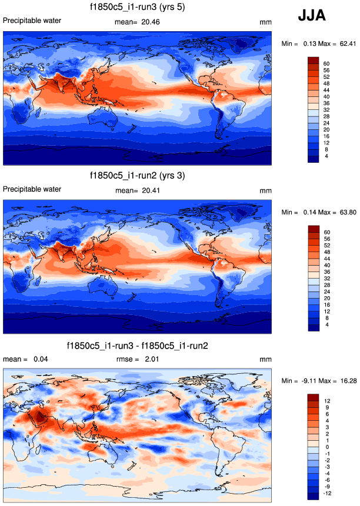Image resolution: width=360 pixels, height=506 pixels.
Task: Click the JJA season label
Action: tap(311, 16)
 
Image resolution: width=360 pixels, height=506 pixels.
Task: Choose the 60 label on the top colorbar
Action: tap(326, 63)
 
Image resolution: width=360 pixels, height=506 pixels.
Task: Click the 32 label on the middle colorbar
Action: tap(326, 277)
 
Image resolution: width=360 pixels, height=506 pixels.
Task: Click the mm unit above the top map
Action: tap(264, 22)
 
